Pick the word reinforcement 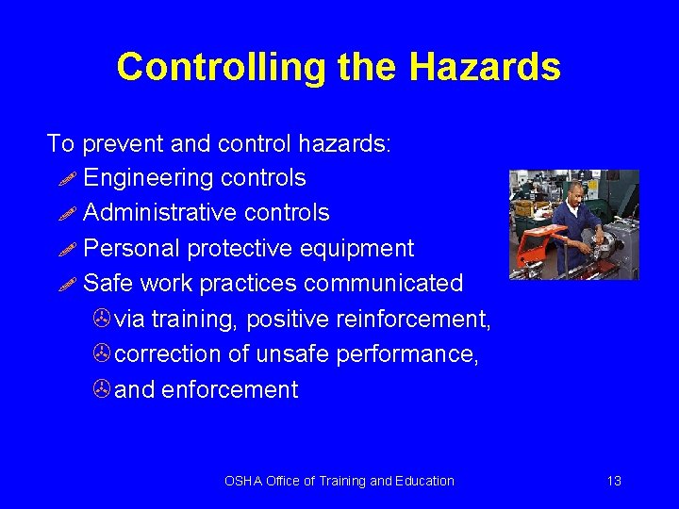[x=414, y=320]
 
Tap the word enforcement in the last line [x=230, y=390]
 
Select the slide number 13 [x=614, y=481]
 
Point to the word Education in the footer [x=423, y=481]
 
